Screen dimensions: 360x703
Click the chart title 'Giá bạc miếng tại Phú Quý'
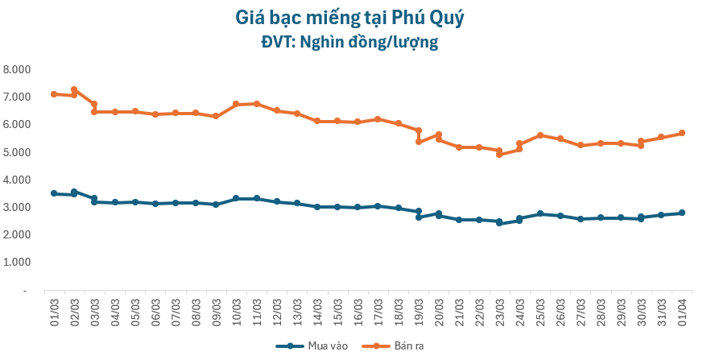(x=350, y=17)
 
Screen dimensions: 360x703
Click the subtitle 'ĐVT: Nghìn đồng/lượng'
(x=350, y=43)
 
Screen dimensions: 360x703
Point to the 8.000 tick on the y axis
(x=16, y=69)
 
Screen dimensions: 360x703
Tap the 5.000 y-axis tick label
(x=16, y=152)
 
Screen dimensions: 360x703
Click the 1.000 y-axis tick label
(x=16, y=263)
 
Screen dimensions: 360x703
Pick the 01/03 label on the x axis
(x=54, y=309)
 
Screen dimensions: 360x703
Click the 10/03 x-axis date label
(x=236, y=309)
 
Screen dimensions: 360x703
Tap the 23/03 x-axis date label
(x=499, y=309)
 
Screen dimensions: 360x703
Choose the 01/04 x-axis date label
(x=681, y=309)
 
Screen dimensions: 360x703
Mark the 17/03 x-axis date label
(x=378, y=309)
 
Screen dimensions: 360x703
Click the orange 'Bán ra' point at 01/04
(x=681, y=133)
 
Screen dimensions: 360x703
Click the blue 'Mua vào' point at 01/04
(x=681, y=213)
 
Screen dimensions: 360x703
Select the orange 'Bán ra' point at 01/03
(x=54, y=94)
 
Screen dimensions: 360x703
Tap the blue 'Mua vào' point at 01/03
(x=54, y=193)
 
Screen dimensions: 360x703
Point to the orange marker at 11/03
(x=256, y=104)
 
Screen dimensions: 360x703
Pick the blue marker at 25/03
(x=540, y=213)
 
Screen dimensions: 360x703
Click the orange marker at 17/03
(x=378, y=119)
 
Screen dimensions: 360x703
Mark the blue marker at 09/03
(x=216, y=205)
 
